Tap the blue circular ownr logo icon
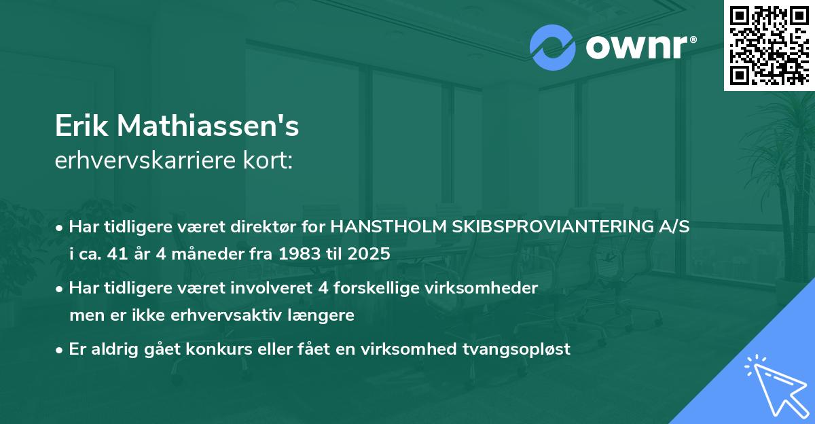(x=553, y=48)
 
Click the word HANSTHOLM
(x=389, y=227)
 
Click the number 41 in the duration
(x=120, y=254)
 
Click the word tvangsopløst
(x=515, y=349)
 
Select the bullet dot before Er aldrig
(x=60, y=350)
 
